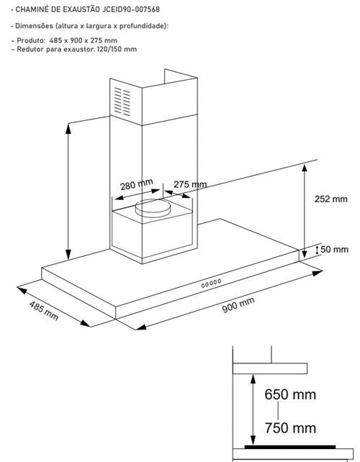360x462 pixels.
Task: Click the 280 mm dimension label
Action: point(137,184)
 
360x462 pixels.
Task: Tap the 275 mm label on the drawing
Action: point(190,184)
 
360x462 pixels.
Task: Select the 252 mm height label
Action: point(330,199)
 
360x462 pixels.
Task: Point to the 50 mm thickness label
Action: point(334,249)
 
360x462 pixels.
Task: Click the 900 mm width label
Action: point(238,304)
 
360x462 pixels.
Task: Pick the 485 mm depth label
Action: point(44,311)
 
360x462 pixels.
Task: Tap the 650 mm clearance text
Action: point(290,394)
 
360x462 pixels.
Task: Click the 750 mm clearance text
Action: point(290,428)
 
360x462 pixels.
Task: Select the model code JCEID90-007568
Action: point(131,9)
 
